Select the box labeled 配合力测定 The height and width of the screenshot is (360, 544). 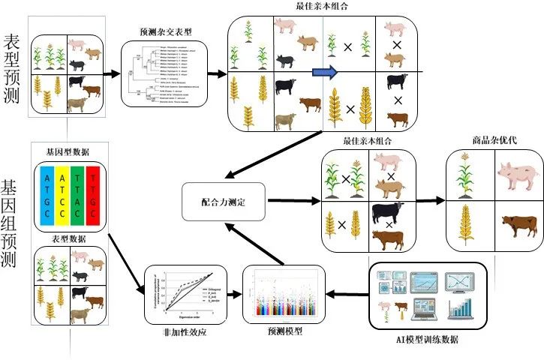(x=224, y=202)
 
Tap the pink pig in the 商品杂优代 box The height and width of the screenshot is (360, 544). (x=517, y=175)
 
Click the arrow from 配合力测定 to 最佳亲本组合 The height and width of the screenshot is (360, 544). (x=293, y=201)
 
